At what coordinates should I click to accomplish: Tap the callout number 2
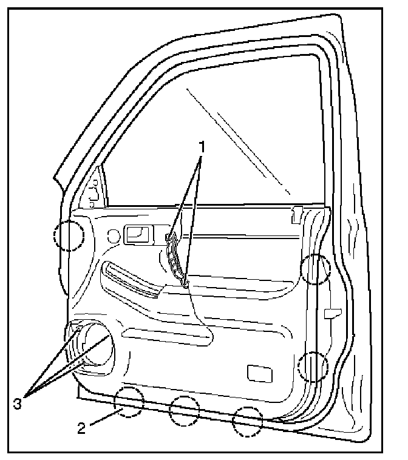(x=82, y=429)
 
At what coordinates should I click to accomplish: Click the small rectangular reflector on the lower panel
(x=259, y=373)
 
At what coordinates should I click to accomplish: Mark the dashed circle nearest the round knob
(x=68, y=235)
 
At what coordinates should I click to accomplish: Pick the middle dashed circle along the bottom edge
(x=184, y=410)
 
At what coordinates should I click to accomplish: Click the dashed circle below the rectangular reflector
(x=248, y=421)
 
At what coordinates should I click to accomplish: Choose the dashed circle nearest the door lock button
(x=316, y=269)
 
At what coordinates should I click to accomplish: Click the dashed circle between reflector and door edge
(x=313, y=367)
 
